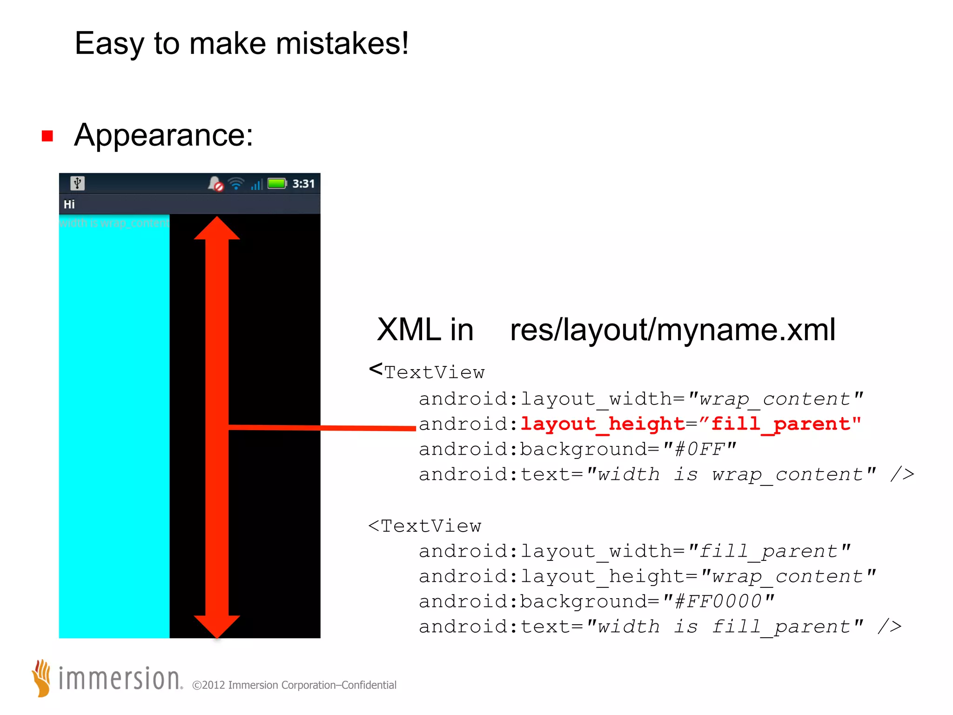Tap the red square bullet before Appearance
click(47, 136)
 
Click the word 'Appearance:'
click(163, 135)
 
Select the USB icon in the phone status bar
click(78, 183)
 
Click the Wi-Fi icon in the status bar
click(236, 184)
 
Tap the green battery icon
click(277, 183)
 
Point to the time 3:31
click(303, 184)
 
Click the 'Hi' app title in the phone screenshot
click(69, 204)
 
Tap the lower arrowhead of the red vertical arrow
click(217, 626)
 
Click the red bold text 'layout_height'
click(602, 424)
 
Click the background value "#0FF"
click(699, 449)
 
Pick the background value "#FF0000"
click(718, 601)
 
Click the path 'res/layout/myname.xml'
click(672, 330)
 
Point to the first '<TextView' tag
click(427, 372)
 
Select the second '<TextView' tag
click(425, 526)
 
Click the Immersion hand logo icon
click(42, 678)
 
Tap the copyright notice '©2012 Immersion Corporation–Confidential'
click(294, 685)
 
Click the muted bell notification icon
click(215, 184)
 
